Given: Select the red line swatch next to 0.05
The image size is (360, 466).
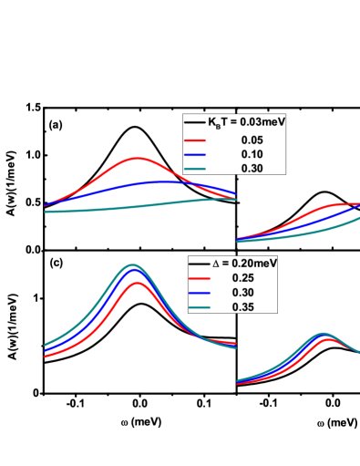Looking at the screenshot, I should coord(195,140).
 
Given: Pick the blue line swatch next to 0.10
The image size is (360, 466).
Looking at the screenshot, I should coord(195,154).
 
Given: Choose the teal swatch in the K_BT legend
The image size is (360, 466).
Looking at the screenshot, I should coord(195,169).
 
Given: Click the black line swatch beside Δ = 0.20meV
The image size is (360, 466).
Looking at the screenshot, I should coord(199,263).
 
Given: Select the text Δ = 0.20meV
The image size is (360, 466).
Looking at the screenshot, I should coord(244,263).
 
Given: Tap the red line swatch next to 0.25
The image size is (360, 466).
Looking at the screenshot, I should coord(199,278).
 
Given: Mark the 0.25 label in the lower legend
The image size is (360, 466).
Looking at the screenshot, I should coord(243,278).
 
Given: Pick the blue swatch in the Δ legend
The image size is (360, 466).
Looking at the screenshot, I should coord(199,293).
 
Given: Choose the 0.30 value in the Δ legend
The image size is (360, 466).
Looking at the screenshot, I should coord(243,293).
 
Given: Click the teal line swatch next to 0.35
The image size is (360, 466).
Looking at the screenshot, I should coord(199,307).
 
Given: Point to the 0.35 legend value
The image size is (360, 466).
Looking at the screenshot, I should coord(243,307).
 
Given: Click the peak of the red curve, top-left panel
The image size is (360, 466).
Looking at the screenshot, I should coord(138,158).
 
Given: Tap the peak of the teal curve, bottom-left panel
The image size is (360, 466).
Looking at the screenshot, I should coord(133,265).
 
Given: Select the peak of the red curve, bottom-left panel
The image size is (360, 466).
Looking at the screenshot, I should coord(138,283).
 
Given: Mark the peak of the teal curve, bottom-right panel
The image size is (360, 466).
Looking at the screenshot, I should coord(322,334).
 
